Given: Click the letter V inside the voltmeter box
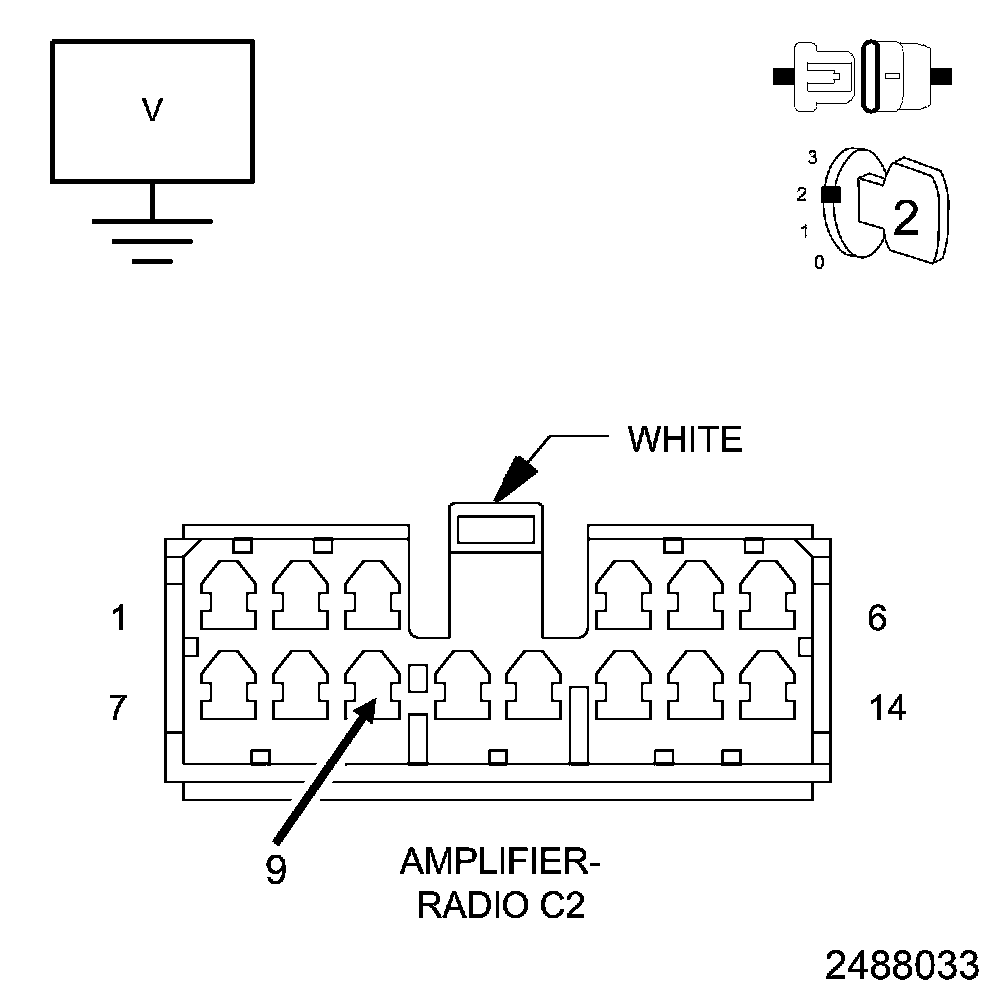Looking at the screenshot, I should tap(152, 110).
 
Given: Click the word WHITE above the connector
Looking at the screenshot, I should tap(685, 439).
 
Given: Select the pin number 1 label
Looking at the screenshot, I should tap(120, 619).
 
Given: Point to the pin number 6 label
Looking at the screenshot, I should tap(876, 619).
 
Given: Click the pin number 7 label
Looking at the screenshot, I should tap(118, 708).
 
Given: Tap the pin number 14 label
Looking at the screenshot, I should tap(888, 708).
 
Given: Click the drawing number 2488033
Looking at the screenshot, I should tap(902, 966).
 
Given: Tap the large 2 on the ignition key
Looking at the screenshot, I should tap(905, 218).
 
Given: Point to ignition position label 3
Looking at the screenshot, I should tap(813, 157).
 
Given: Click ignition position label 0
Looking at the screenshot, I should tap(819, 263).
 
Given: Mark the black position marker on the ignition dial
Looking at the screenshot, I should tap(828, 195).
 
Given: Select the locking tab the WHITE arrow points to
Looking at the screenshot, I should tap(497, 526).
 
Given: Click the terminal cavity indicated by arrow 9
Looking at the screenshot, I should tap(370, 684).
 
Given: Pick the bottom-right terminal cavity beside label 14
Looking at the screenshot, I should tap(766, 684).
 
